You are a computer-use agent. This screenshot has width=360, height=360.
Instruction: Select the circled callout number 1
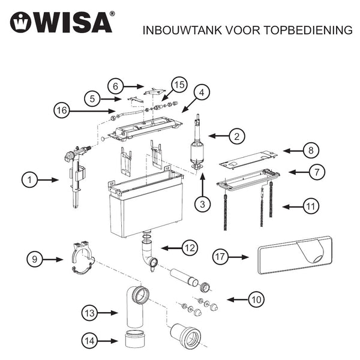[30, 179]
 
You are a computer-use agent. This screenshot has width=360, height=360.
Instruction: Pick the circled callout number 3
[203, 204]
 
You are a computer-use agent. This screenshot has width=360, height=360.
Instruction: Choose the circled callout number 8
[311, 150]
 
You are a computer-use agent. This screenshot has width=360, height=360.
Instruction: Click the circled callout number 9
[35, 259]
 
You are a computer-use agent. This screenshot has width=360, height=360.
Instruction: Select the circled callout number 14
[90, 341]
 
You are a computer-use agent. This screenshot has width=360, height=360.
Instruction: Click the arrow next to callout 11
[294, 206]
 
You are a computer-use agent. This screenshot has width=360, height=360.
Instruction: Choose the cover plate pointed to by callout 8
[246, 160]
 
